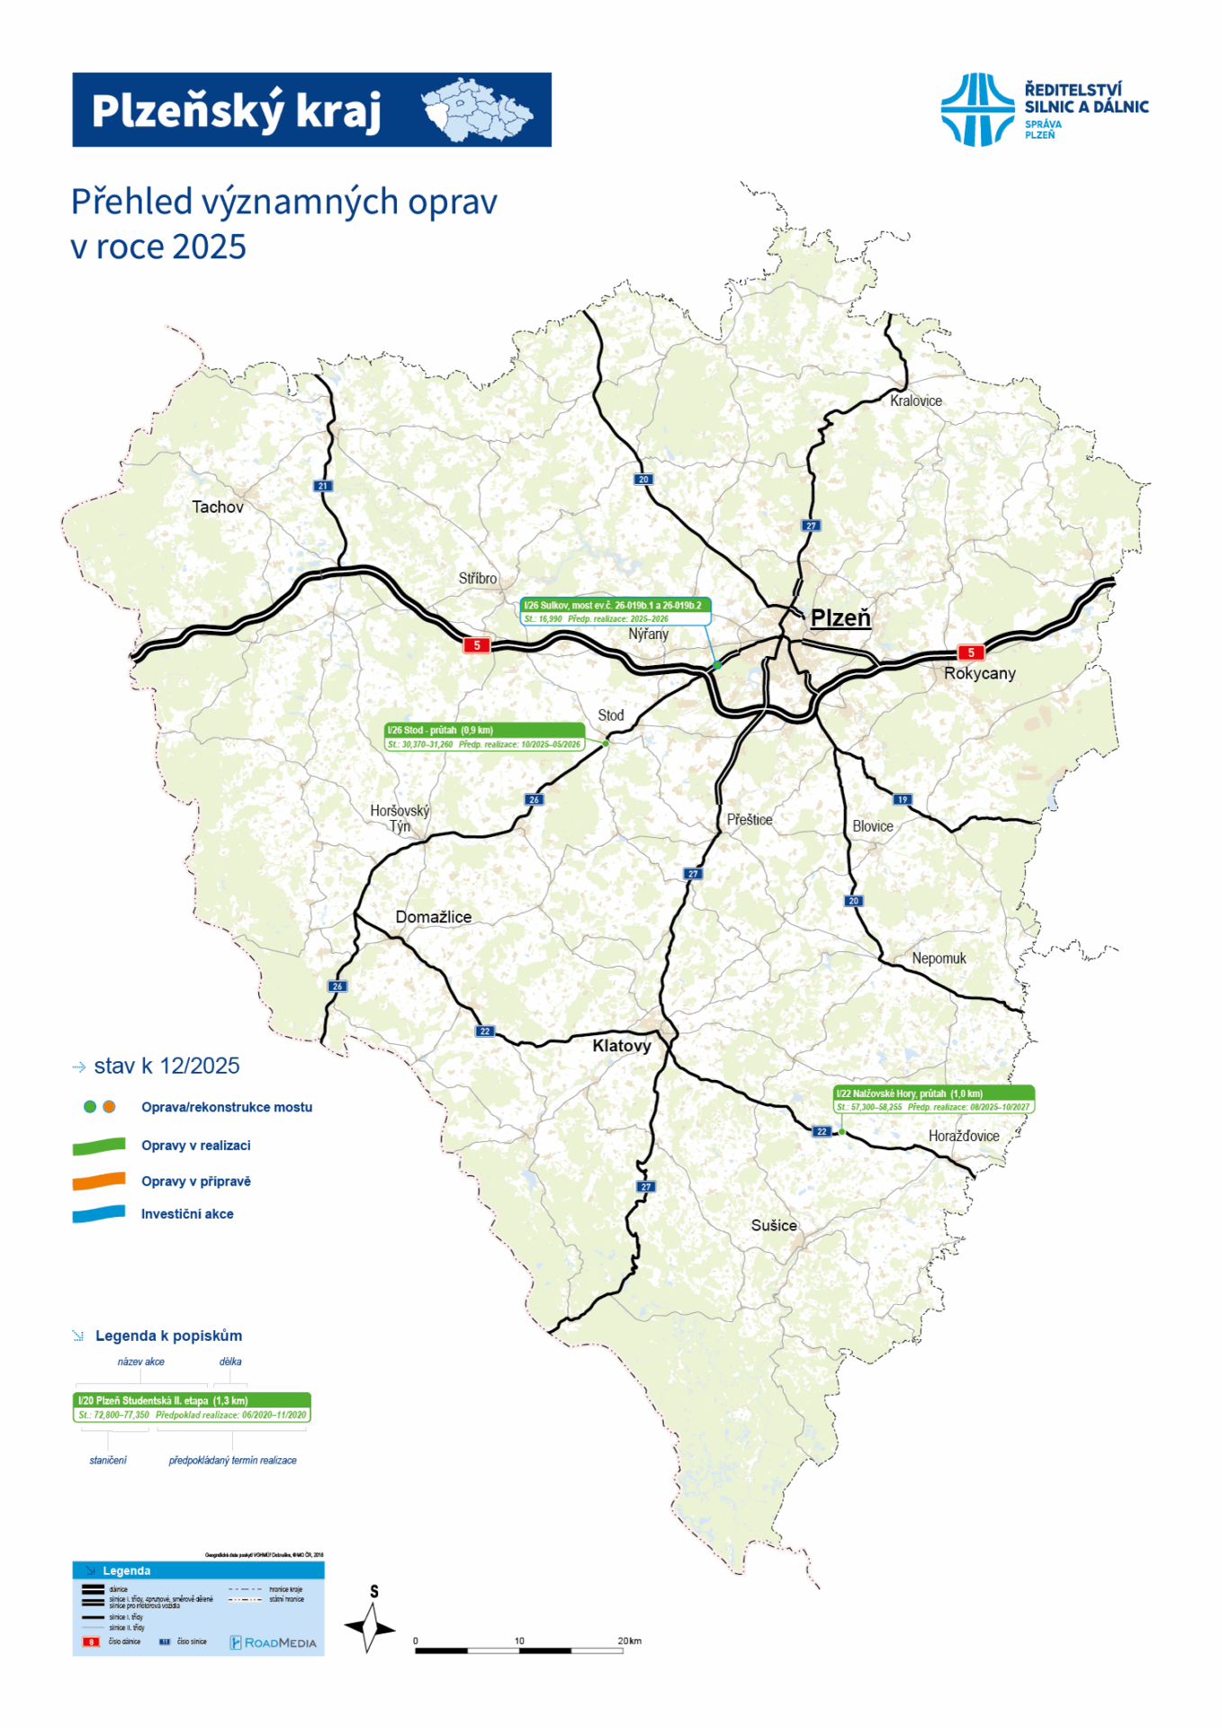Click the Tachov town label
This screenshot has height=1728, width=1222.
218,508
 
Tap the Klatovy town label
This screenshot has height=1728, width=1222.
621,1046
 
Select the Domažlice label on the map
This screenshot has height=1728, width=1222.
433,917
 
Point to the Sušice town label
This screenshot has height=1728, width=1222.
774,1226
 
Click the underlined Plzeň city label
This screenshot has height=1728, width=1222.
840,618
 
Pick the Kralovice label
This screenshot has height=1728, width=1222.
916,401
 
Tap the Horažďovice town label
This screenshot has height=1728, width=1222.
964,1137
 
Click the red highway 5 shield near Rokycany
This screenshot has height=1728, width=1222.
971,652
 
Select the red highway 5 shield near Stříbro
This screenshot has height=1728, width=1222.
477,645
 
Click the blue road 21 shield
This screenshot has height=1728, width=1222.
323,486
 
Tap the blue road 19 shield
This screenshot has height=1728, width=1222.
903,799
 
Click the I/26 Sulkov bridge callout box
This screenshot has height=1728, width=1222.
615,612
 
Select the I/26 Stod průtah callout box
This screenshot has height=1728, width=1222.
485,737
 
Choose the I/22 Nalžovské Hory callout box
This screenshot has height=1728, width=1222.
934,1100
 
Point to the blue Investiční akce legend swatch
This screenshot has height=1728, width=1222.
99,1214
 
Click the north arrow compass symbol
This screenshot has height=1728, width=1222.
370,1627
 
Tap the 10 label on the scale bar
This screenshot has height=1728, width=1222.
519,1641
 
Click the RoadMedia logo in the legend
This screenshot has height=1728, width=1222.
274,1642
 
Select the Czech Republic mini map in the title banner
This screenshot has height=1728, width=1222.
477,111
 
